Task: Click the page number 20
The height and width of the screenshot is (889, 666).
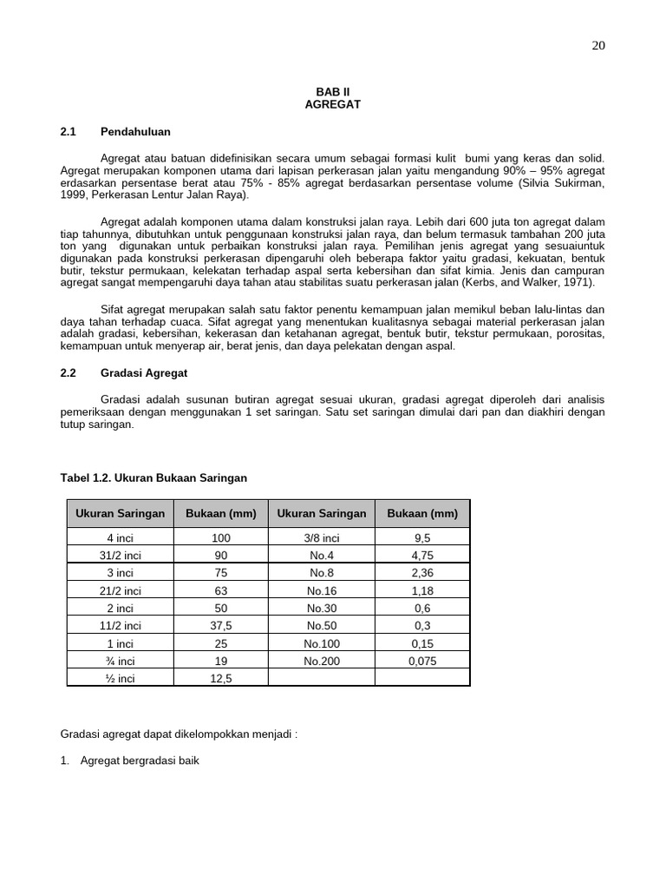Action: (598, 46)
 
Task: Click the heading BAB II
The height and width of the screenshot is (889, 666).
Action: (332, 91)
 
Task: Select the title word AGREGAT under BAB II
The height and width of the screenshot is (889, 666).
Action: (332, 104)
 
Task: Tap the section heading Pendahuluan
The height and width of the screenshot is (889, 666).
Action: (135, 132)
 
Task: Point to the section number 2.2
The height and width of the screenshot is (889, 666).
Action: (69, 372)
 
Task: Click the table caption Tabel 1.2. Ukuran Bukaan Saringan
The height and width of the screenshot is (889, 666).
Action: (153, 477)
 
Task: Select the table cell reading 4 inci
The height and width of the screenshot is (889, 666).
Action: (120, 538)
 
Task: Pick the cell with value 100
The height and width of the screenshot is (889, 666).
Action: (221, 538)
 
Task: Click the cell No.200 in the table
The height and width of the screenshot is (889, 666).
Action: (322, 661)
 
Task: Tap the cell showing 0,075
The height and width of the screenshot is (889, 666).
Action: (422, 661)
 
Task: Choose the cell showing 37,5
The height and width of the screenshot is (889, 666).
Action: (221, 624)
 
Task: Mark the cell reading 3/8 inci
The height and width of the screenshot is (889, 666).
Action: (322, 538)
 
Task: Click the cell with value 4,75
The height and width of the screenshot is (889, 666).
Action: (422, 555)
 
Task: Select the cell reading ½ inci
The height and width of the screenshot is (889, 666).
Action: (120, 678)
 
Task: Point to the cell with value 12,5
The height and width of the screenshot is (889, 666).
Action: (221, 678)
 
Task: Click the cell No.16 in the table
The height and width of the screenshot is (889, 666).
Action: (322, 591)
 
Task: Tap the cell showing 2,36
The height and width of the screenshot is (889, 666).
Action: (422, 572)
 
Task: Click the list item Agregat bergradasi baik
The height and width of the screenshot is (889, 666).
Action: (140, 761)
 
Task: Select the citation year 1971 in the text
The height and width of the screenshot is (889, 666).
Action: (577, 283)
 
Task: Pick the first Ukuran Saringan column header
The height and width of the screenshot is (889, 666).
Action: (120, 513)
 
